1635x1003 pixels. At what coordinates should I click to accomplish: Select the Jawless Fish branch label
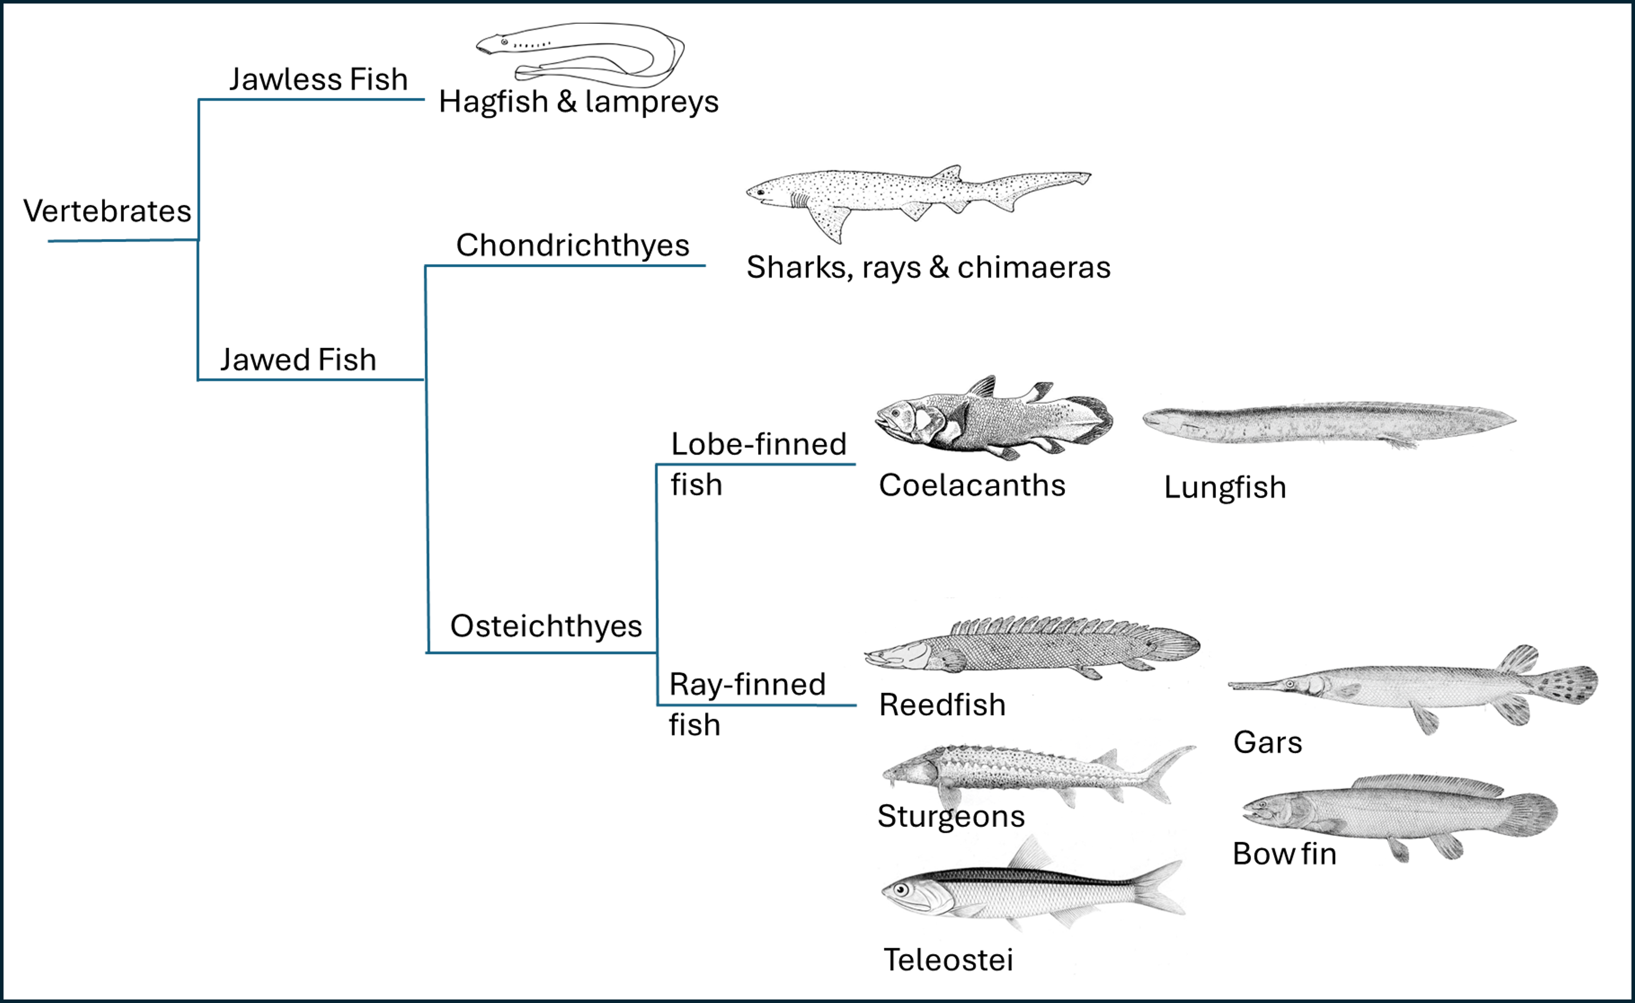click(319, 80)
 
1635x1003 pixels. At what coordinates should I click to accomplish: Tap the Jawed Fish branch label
click(298, 360)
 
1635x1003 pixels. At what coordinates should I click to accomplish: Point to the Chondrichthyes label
click(572, 246)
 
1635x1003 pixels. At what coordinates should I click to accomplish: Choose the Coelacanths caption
click(971, 486)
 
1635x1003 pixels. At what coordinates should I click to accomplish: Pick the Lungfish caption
click(1225, 488)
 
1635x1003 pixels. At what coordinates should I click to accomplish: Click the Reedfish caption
click(942, 705)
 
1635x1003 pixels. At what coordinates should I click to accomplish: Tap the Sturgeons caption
click(951, 816)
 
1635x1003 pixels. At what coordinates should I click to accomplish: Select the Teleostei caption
click(948, 960)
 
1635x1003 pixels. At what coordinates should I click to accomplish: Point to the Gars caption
click(1267, 742)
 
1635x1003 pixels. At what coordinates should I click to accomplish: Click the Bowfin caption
click(1284, 854)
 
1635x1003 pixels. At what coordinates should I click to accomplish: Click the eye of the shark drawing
click(761, 192)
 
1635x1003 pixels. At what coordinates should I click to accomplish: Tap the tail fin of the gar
click(1569, 685)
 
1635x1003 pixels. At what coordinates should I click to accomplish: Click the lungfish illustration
click(1327, 423)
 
